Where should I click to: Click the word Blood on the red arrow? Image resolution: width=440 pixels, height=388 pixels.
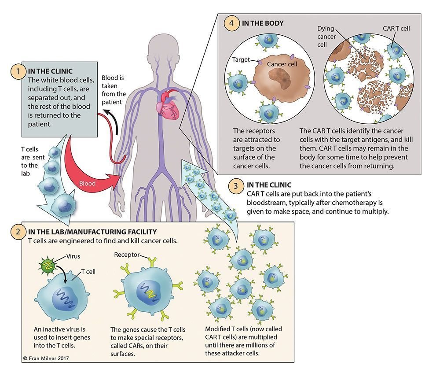click(x=87, y=183)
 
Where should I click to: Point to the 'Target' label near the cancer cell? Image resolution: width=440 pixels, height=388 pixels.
click(x=241, y=59)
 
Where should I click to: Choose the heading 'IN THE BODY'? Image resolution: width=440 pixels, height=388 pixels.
click(x=263, y=23)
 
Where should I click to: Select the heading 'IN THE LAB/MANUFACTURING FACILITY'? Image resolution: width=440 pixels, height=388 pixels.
click(x=92, y=232)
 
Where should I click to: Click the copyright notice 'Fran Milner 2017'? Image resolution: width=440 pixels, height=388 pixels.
click(x=46, y=358)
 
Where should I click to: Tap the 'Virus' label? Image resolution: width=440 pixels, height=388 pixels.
click(x=73, y=256)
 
